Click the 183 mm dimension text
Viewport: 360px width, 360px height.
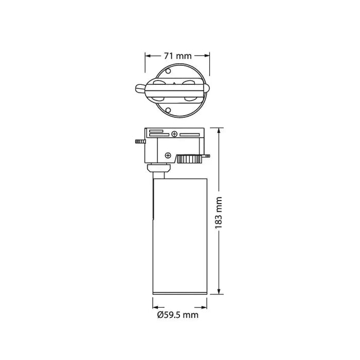(x=219, y=211)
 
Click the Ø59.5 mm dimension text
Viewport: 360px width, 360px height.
(x=177, y=314)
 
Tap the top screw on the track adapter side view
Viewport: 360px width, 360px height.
(x=175, y=135)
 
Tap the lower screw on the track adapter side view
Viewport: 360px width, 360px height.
(x=168, y=154)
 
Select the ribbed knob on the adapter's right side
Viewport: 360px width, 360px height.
(x=191, y=159)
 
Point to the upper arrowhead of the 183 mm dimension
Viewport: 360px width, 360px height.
(x=220, y=131)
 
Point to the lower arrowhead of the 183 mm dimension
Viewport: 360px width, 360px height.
(x=220, y=293)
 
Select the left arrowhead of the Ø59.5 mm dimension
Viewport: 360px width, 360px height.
(x=155, y=303)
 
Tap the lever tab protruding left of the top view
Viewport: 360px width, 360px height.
(x=140, y=89)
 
